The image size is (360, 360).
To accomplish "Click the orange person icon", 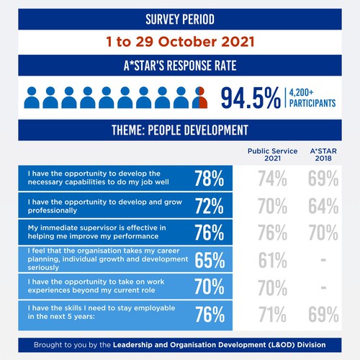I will click(199, 98).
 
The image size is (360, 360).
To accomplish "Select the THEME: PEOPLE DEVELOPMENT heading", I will click(180, 130).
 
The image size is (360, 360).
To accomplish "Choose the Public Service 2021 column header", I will click(268, 156).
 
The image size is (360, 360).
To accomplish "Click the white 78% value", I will click(209, 179).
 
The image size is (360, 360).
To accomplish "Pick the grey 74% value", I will click(273, 179).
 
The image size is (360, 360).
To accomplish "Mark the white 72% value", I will click(209, 207).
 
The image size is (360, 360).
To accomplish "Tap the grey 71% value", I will click(273, 314).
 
